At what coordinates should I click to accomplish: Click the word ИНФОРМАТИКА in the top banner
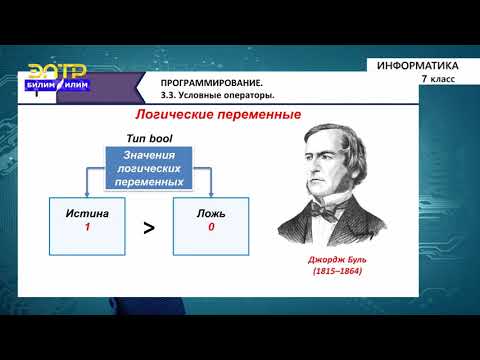pyautogui.click(x=418, y=66)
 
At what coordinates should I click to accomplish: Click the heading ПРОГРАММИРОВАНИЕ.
pyautogui.click(x=198, y=81)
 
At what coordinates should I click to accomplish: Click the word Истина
pyautogui.click(x=87, y=214)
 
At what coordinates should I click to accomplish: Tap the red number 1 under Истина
pyautogui.click(x=87, y=228)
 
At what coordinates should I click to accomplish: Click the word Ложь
pyautogui.click(x=211, y=214)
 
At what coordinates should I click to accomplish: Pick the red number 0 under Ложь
pyautogui.click(x=211, y=228)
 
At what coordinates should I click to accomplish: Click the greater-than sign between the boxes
pyautogui.click(x=149, y=227)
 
